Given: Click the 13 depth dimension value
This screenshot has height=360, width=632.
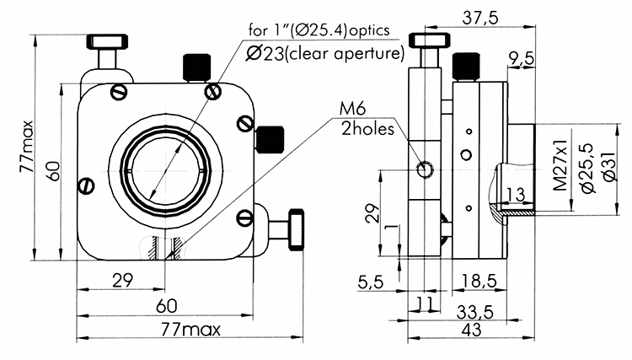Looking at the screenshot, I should [x=516, y=196].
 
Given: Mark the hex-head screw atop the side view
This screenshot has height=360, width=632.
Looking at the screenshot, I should [x=430, y=40].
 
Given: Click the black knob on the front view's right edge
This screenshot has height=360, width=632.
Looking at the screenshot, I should [x=270, y=137].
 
